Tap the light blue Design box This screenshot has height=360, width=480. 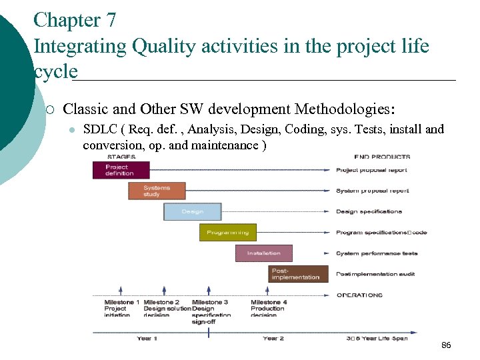(192, 212)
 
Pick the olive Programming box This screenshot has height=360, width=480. (228, 233)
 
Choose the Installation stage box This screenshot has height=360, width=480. (263, 253)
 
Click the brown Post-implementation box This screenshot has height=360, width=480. (299, 274)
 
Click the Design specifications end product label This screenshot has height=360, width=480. (369, 211)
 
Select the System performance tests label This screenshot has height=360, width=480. (377, 253)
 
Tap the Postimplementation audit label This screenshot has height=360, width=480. (376, 274)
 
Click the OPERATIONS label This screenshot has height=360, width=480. (359, 295)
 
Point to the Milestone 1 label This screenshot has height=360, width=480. (122, 303)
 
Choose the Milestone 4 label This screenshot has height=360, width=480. (269, 303)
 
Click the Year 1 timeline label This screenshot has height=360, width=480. (147, 339)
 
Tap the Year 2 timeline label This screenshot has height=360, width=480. (273, 339)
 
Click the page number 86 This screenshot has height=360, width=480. (446, 345)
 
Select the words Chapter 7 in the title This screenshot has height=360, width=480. (75, 20)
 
